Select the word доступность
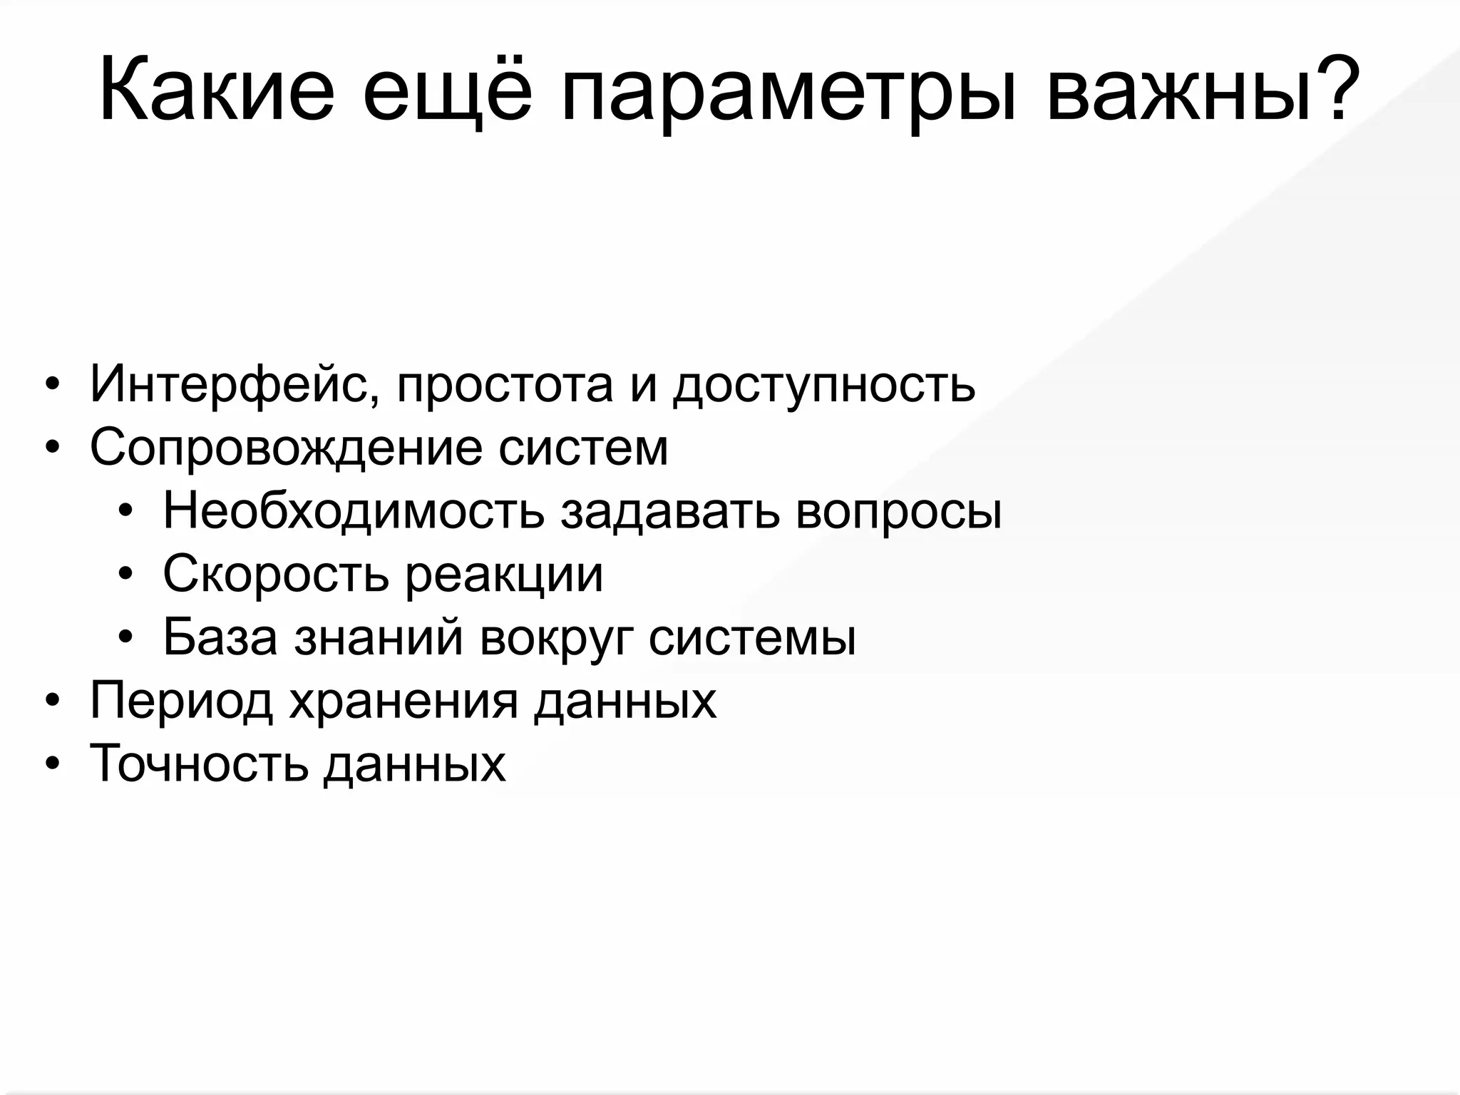[823, 385]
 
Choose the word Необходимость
[353, 511]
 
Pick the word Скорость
[275, 575]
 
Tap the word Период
[181, 701]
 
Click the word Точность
[199, 764]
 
